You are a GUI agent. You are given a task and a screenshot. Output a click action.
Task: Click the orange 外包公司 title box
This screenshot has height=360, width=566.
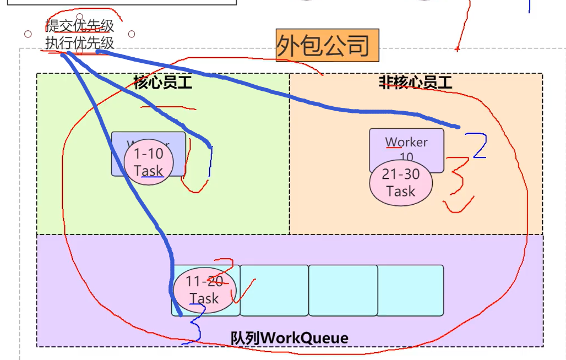pyautogui.click(x=327, y=45)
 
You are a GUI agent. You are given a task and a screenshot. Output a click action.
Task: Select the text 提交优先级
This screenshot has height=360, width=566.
pyautogui.click(x=80, y=26)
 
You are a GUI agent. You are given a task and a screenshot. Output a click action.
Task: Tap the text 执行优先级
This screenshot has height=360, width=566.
pyautogui.click(x=80, y=42)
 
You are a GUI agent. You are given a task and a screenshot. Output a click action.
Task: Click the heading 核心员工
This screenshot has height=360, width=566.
pyautogui.click(x=163, y=83)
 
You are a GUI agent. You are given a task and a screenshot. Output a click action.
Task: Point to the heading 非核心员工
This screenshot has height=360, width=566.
pyautogui.click(x=416, y=83)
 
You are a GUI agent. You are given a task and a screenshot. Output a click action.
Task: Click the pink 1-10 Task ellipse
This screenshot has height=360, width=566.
pyautogui.click(x=149, y=162)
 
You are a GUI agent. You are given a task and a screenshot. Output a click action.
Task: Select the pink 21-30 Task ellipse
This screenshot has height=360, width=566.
pyautogui.click(x=401, y=183)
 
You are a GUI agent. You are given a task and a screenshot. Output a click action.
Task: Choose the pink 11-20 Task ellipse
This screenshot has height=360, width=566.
pyautogui.click(x=204, y=290)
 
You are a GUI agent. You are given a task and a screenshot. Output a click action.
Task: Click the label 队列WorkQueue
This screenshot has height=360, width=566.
pyautogui.click(x=290, y=337)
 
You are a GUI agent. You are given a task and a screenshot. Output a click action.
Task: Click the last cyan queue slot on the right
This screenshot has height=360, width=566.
pyautogui.click(x=410, y=290)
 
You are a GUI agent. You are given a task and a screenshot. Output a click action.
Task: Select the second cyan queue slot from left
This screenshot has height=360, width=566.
pyautogui.click(x=274, y=290)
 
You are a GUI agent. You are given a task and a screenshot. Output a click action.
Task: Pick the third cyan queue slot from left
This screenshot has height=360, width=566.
pyautogui.click(x=342, y=290)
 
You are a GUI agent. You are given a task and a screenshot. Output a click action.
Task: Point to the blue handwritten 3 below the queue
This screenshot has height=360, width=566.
pyautogui.click(x=196, y=325)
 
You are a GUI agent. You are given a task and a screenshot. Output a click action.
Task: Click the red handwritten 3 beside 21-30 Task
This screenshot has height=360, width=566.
pyautogui.click(x=458, y=184)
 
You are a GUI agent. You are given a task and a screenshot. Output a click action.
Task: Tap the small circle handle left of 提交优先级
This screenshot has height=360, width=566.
pyautogui.click(x=28, y=34)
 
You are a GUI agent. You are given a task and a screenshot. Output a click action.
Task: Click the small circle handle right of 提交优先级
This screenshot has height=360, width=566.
pyautogui.click(x=132, y=34)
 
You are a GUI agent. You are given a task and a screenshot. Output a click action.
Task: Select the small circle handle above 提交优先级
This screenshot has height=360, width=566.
pyautogui.click(x=80, y=17)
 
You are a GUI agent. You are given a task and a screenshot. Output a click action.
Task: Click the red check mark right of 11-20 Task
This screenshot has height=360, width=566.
pyautogui.click(x=243, y=291)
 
